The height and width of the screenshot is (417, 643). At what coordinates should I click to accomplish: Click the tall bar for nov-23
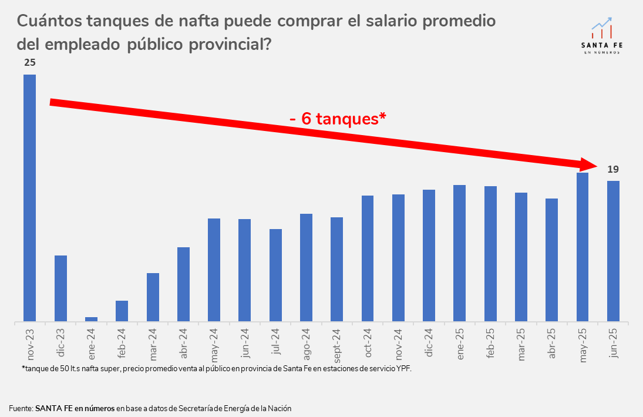point(29,197)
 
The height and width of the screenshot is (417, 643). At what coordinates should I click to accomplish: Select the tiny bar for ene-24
point(91,319)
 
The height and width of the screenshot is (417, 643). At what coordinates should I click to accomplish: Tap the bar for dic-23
point(60,288)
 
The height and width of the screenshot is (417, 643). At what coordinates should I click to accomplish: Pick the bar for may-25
point(583,247)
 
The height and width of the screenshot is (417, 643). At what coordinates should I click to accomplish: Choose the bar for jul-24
point(275,275)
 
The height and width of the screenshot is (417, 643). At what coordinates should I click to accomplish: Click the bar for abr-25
point(551,260)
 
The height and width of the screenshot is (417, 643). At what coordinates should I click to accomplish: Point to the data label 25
point(29,62)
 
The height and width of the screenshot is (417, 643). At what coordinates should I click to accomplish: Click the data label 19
point(612,169)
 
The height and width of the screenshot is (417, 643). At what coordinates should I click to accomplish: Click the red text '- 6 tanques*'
point(337,119)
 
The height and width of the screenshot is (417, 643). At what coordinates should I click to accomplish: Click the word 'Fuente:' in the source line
point(21,408)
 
